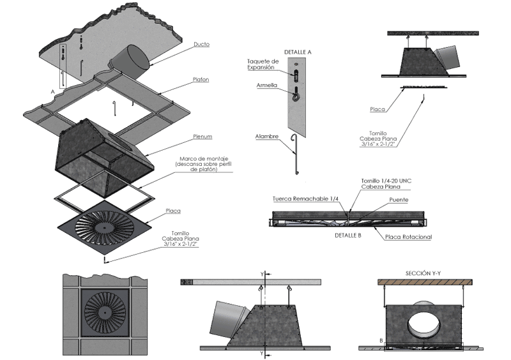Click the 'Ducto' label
click(201, 44)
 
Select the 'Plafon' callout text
click(201, 80)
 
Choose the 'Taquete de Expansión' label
click(263, 64)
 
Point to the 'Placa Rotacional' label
click(409, 237)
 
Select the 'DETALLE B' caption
click(348, 235)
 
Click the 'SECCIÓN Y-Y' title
click(424, 273)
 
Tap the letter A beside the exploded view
click(52, 91)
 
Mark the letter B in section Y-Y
click(381, 341)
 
